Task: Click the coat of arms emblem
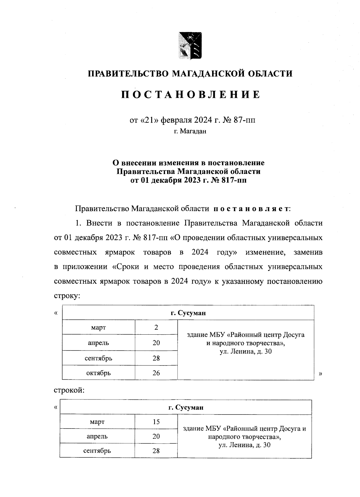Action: click(x=190, y=45)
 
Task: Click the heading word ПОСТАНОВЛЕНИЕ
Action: click(x=190, y=95)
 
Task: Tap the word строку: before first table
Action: click(x=67, y=295)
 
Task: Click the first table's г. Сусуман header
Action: click(x=188, y=313)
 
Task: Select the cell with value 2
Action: click(x=156, y=327)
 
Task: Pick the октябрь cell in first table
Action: click(x=98, y=373)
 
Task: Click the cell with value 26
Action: click(x=156, y=373)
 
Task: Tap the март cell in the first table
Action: click(x=98, y=327)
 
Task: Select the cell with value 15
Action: click(x=156, y=422)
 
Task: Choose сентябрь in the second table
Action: click(x=97, y=450)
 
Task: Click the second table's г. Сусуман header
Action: click(x=186, y=408)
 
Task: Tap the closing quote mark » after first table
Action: click(x=321, y=373)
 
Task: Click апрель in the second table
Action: click(x=97, y=436)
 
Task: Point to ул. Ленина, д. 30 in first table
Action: click(x=245, y=351)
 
